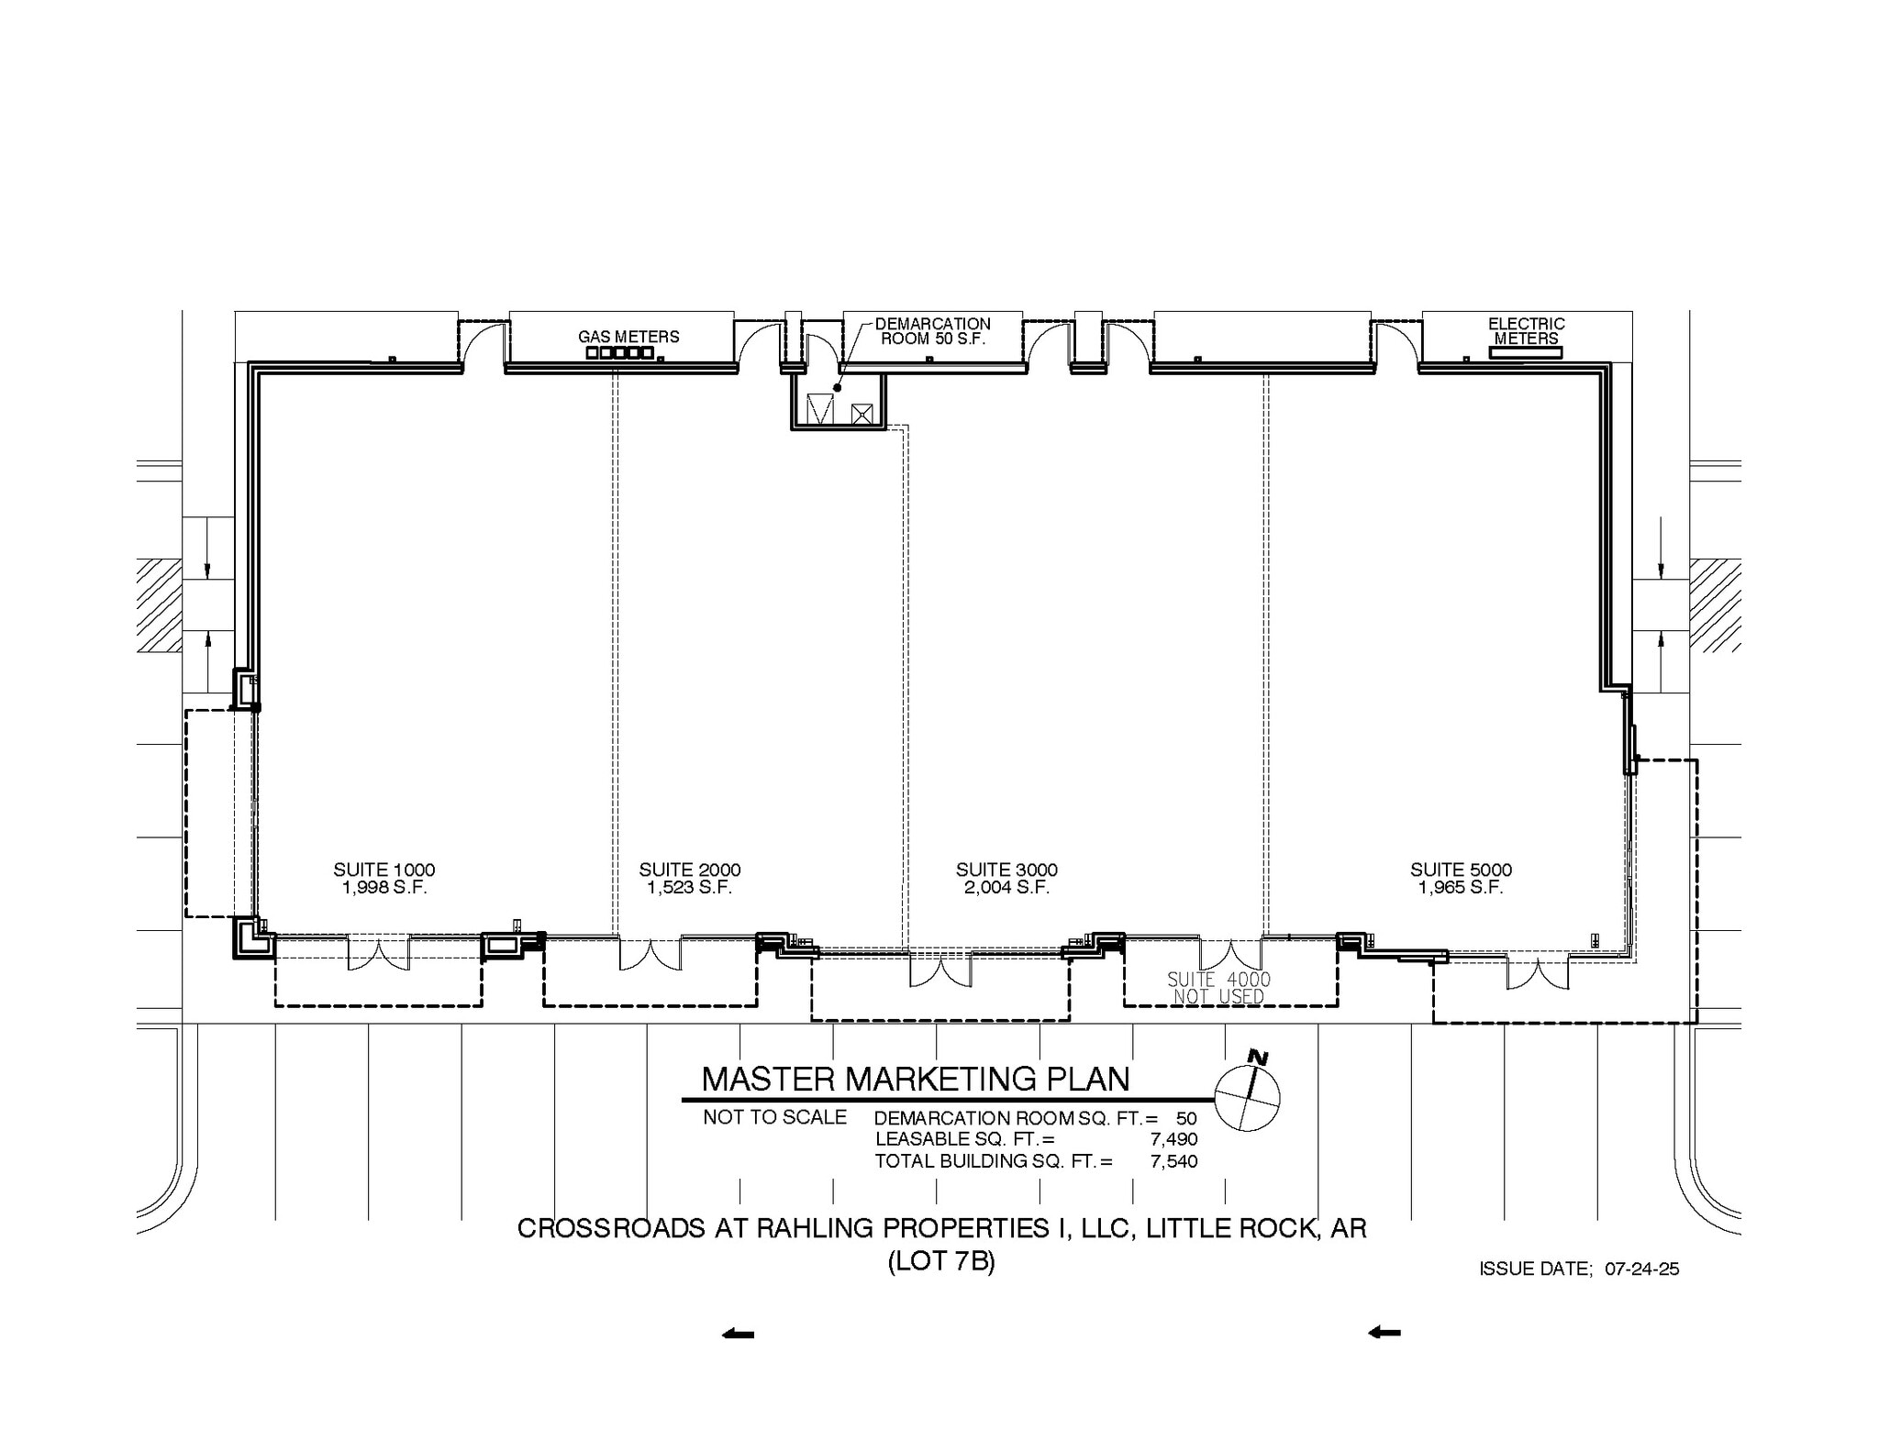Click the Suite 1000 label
pos(384,870)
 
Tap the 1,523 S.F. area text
pos(689,888)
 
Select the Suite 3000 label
pos(1006,870)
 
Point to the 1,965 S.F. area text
pos(1460,888)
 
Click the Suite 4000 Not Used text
pos(1218,988)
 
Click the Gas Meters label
pos(628,337)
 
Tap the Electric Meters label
pos(1526,331)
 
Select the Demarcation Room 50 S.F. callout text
pos(932,331)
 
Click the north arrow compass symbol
pos(1247,1097)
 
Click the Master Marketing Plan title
pos(915,1080)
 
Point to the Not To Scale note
pos(774,1117)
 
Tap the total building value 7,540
pos(1173,1161)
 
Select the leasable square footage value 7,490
pos(1173,1139)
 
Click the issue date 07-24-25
pos(1641,1269)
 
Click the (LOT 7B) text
pos(941,1262)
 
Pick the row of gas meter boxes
pos(619,352)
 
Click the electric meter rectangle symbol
pos(1525,352)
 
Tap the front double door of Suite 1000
pos(378,955)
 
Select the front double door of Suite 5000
pos(1537,975)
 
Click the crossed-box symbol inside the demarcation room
pos(861,414)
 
